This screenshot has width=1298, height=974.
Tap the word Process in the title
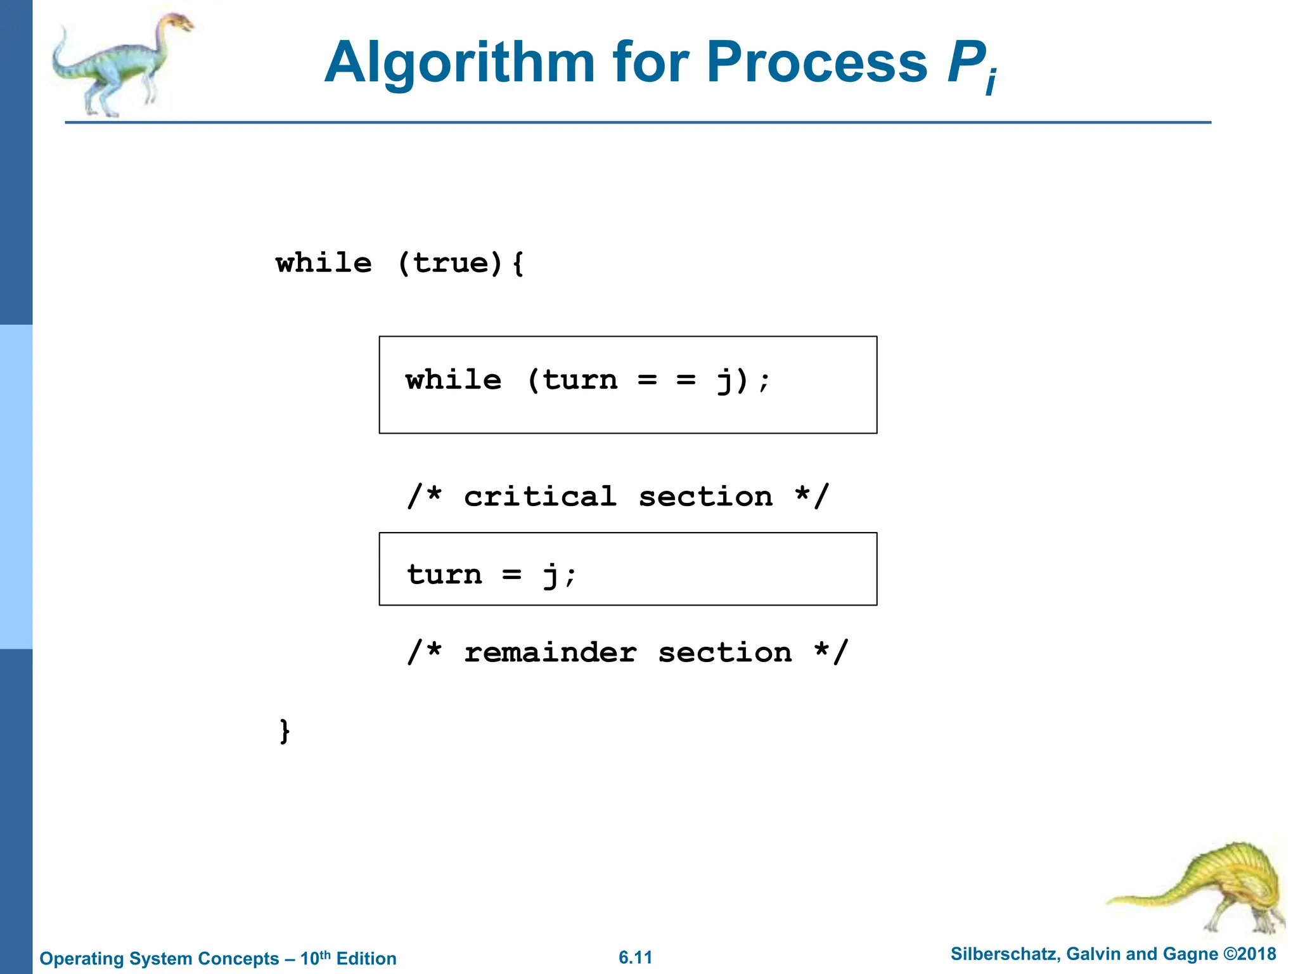click(817, 62)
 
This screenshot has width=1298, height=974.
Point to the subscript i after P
click(991, 81)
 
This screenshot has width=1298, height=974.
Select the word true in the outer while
click(451, 263)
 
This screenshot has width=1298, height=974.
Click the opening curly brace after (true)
click(518, 263)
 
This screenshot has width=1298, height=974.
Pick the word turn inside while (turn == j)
click(580, 380)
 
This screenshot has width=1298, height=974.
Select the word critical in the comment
click(540, 497)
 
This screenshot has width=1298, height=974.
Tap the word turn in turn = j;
click(444, 575)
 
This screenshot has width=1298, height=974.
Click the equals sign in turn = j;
click(511, 575)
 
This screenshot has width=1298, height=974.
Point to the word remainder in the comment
click(550, 653)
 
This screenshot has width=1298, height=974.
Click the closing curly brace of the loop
click(285, 730)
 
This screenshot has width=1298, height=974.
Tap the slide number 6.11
click(635, 958)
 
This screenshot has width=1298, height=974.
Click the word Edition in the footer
click(366, 958)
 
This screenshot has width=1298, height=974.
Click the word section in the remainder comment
click(724, 653)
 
